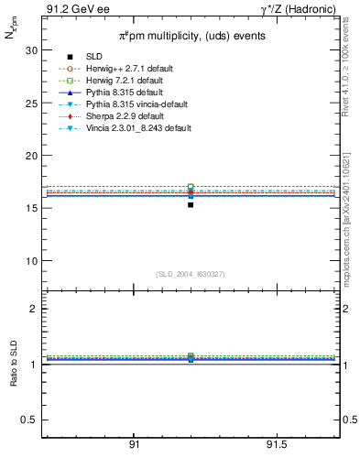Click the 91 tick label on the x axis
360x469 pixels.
pyautogui.click(x=134, y=445)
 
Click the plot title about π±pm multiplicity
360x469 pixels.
pyautogui.click(x=191, y=37)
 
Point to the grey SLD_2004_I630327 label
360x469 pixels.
pyautogui.click(x=191, y=274)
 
